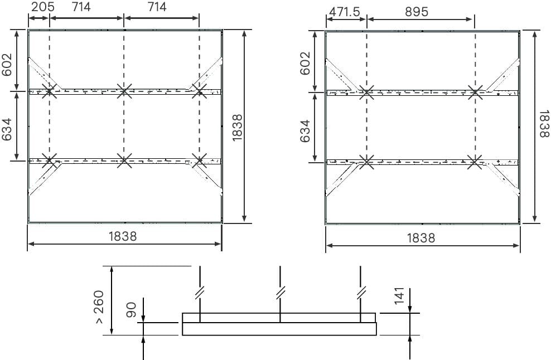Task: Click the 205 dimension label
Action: [43, 7]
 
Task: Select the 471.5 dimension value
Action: [345, 12]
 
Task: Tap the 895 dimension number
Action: [417, 12]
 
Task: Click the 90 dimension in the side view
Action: [131, 310]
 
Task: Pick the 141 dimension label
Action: [399, 296]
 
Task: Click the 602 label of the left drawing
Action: [7, 65]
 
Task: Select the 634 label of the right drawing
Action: [305, 132]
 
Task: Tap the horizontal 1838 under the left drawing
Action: [123, 236]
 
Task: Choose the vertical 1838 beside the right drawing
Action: [544, 124]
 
